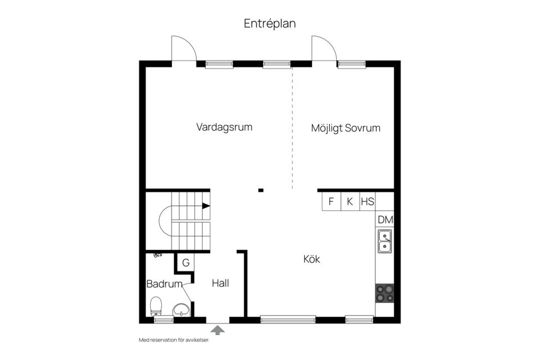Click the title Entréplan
pyautogui.click(x=269, y=23)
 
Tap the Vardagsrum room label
pyautogui.click(x=224, y=127)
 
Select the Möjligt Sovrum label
pyautogui.click(x=345, y=128)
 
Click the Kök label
pyautogui.click(x=311, y=259)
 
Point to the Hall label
pyautogui.click(x=220, y=283)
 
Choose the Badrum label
pyautogui.click(x=164, y=284)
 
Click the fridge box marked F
pyautogui.click(x=331, y=201)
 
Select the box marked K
pyautogui.click(x=349, y=201)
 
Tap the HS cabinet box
pyautogui.click(x=367, y=201)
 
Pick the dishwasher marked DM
pyautogui.click(x=385, y=219)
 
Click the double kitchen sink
pyautogui.click(x=385, y=241)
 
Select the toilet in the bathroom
pyautogui.click(x=156, y=307)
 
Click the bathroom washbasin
pyautogui.click(x=181, y=309)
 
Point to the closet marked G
pyautogui.click(x=185, y=262)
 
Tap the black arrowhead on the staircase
pyautogui.click(x=206, y=206)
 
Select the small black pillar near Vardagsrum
pyautogui.click(x=260, y=190)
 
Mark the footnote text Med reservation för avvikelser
pyautogui.click(x=174, y=340)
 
